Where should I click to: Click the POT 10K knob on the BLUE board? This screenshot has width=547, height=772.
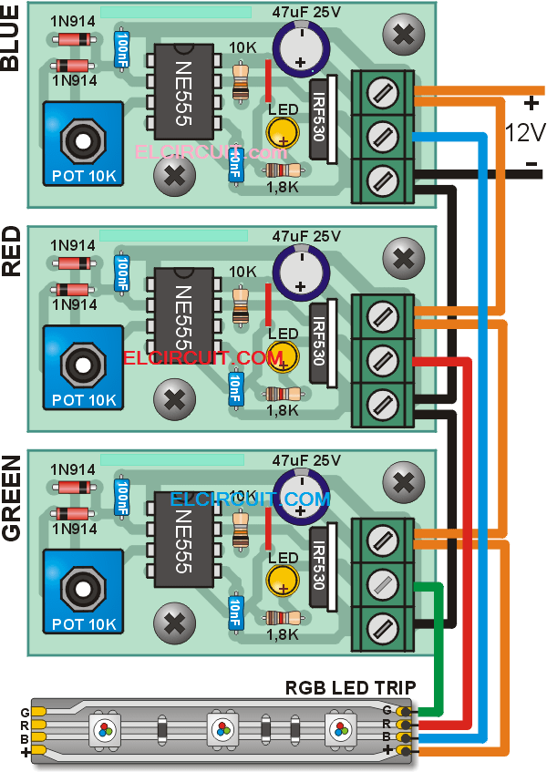point(82,142)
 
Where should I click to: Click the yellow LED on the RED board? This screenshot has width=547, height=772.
point(284,353)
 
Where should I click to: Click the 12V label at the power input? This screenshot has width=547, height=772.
point(525,133)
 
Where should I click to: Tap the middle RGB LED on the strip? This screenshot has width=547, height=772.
point(221,728)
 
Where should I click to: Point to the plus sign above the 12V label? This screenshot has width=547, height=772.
point(526,102)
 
